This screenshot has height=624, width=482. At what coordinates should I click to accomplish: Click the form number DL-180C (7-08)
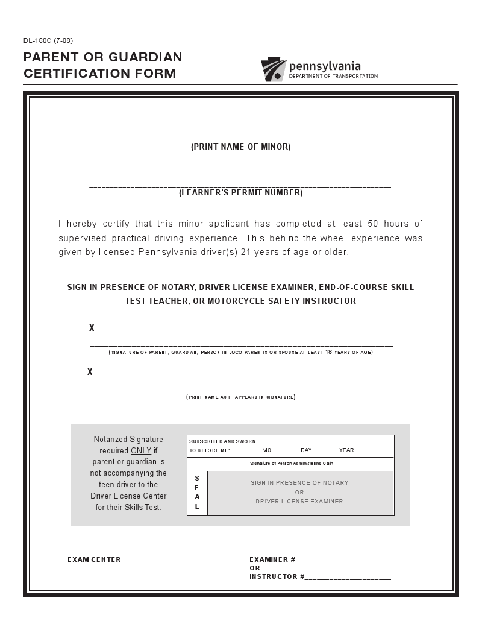[x=48, y=41]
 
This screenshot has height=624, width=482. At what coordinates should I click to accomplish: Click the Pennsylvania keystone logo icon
[x=274, y=70]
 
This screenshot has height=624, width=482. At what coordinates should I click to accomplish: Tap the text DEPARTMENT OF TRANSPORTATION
[x=333, y=77]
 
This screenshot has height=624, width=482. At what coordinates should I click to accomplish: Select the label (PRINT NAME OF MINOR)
[x=240, y=147]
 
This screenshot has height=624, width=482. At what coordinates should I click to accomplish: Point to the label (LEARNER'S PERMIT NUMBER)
[x=240, y=193]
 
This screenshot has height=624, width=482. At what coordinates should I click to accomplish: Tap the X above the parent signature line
[x=92, y=329]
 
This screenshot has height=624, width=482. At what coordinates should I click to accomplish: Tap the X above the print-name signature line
[x=90, y=372]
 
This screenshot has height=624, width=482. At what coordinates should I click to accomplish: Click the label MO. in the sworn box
[x=268, y=450]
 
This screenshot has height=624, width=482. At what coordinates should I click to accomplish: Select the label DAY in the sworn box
[x=306, y=450]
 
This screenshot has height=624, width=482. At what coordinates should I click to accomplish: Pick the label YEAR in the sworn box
[x=346, y=450]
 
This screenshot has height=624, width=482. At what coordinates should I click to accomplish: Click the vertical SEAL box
[x=197, y=493]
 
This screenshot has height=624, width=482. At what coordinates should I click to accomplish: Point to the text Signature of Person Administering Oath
[x=291, y=464]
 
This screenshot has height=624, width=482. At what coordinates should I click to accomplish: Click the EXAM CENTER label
[x=94, y=559]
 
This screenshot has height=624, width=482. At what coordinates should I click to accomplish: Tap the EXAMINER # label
[x=272, y=559]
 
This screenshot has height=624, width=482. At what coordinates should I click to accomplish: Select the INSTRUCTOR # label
[x=277, y=576]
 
